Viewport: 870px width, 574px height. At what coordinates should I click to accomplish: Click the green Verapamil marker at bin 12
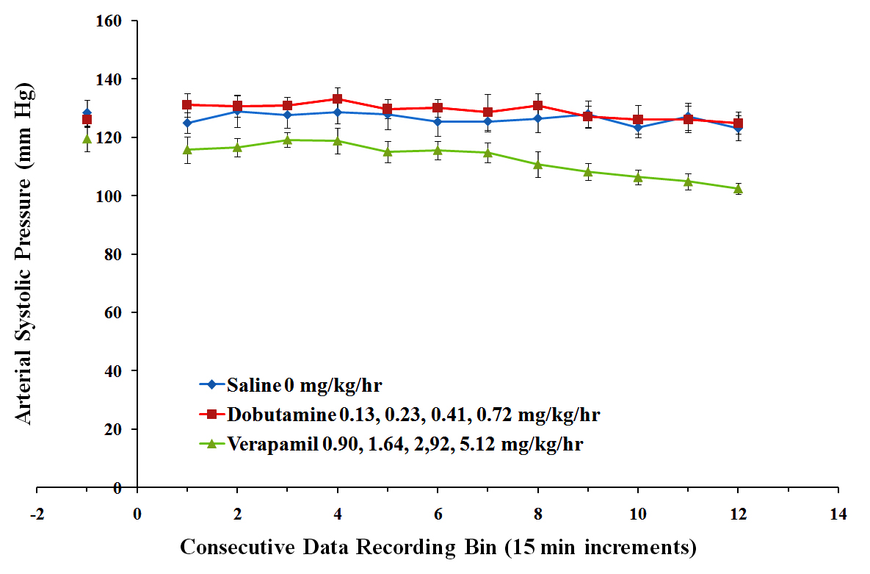(738, 189)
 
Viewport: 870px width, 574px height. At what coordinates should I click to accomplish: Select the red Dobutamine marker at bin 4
(338, 98)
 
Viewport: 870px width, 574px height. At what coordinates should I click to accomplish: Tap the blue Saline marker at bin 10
(638, 128)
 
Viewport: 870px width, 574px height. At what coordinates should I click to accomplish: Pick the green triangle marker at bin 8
(538, 165)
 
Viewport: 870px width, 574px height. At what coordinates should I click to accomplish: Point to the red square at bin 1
(187, 104)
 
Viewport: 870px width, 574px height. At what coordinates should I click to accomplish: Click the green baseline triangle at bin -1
(87, 139)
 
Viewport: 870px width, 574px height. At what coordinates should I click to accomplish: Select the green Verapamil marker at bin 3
(288, 140)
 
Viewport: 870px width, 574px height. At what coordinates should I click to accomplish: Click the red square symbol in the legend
(211, 415)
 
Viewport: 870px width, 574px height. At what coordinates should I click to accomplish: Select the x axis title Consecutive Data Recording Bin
(438, 548)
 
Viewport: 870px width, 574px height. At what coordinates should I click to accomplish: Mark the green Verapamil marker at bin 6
(438, 151)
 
